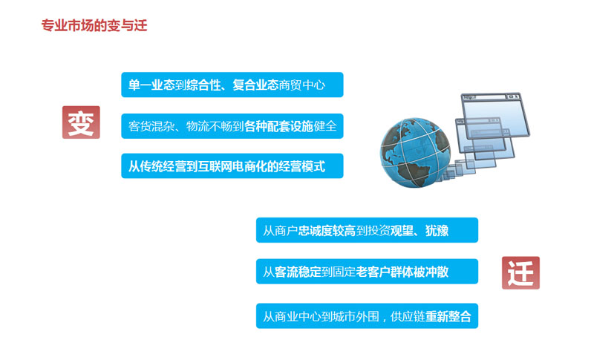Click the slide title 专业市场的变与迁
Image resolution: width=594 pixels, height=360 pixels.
[94, 26]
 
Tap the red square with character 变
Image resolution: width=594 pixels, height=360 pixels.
[81, 122]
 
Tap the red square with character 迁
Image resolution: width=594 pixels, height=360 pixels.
[520, 273]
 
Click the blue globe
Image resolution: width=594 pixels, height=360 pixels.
[415, 152]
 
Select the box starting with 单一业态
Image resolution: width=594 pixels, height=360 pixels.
[232, 85]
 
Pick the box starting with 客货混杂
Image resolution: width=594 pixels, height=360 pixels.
[232, 126]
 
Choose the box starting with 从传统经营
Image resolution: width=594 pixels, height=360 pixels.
[232, 166]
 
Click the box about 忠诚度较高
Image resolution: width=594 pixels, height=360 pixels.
[367, 230]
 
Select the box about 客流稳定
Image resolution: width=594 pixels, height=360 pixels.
[367, 272]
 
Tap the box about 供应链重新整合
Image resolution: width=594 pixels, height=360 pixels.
[367, 315]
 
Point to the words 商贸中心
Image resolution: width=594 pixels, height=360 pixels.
[302, 85]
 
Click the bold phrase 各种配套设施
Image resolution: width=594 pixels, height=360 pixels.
[279, 126]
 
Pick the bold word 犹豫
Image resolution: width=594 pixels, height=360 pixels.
[437, 230]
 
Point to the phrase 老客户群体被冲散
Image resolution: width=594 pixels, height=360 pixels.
[402, 272]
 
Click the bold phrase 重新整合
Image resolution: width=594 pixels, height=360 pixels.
[448, 316]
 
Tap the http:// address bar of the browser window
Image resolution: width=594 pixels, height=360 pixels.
[483, 97]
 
